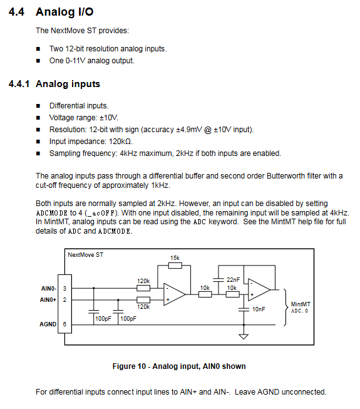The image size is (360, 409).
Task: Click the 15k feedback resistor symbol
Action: coord(175,266)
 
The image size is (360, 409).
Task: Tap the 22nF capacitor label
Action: coord(233,279)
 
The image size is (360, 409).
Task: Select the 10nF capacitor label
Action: coord(259,309)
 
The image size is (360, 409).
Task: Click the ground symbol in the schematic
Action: coord(244,336)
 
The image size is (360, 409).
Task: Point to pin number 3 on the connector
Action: coord(64,289)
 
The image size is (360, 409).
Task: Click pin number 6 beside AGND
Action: coord(64,324)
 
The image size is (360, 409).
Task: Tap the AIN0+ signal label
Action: coord(48,300)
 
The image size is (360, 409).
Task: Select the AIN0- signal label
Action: coord(49,289)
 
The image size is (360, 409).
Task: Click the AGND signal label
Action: coord(48,324)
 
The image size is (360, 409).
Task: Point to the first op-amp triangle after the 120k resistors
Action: coord(174,294)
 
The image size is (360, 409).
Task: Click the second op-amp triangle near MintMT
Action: coord(259,289)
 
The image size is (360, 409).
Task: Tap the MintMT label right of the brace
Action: coord(301,304)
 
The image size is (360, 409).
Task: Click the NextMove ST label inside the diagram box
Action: coord(86,254)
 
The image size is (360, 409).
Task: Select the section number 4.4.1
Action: coord(19,84)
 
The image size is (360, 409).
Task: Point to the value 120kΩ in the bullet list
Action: coord(120,142)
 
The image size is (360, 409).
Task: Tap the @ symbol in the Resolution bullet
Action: coord(208,130)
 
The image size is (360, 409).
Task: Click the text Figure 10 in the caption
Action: coord(129,366)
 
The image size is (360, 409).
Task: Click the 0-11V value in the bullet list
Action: coord(75,61)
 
